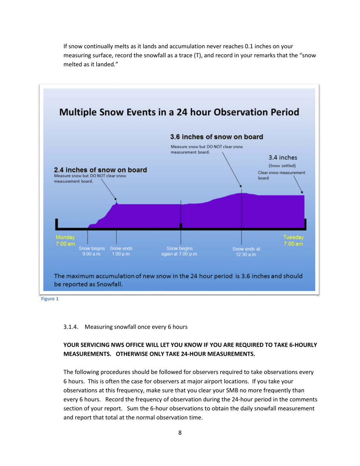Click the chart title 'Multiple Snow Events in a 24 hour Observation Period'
(x=178, y=113)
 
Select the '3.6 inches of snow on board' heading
(x=216, y=136)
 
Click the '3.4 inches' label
(x=283, y=157)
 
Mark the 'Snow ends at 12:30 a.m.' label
(x=246, y=252)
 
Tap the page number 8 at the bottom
(x=180, y=433)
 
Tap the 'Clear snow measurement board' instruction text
(x=281, y=175)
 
